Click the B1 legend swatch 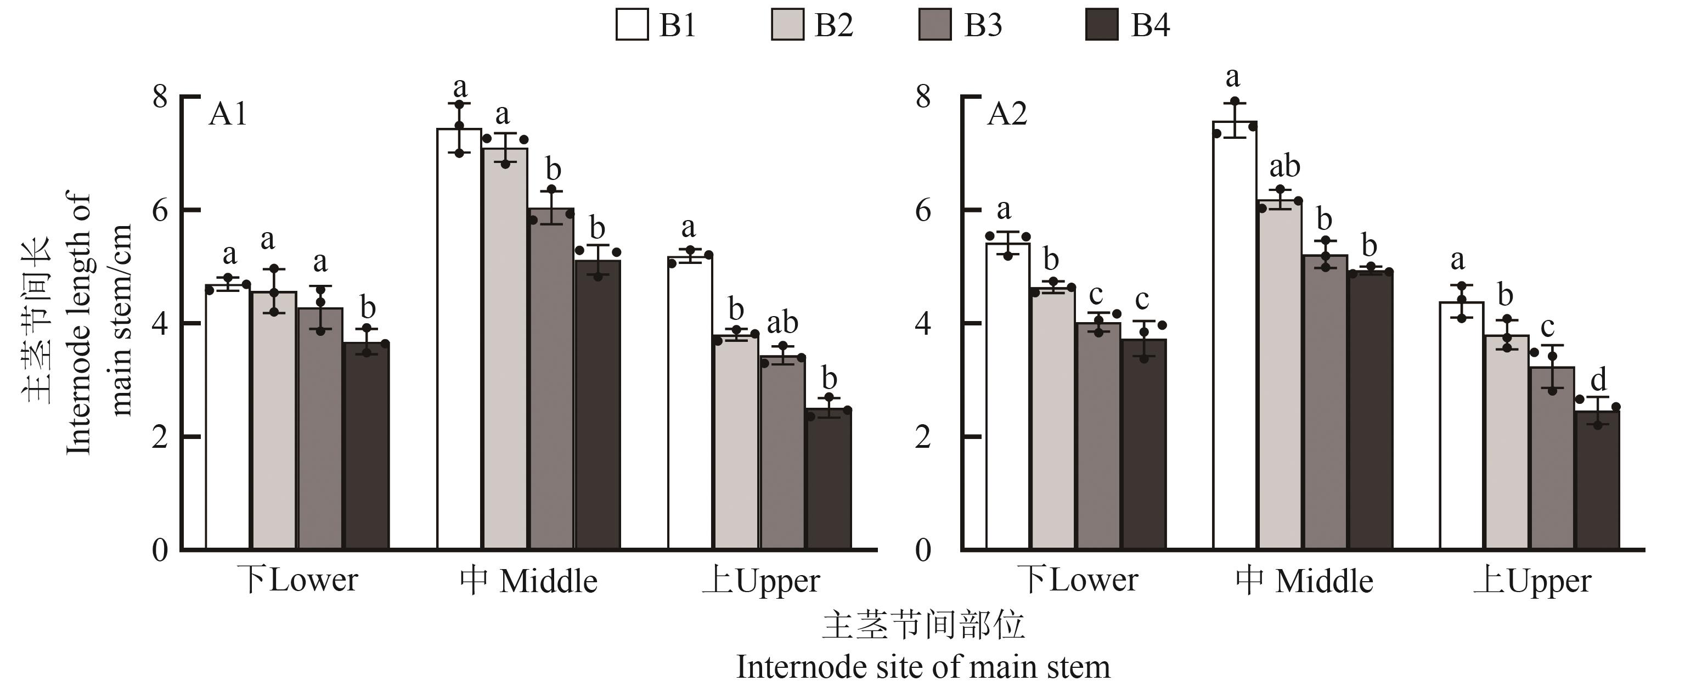(632, 25)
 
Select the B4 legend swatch (1102, 25)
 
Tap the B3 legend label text (983, 25)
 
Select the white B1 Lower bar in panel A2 (1007, 396)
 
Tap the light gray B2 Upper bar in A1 (736, 442)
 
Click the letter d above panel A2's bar (1598, 379)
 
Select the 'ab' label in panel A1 (782, 323)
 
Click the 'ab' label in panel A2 (1284, 167)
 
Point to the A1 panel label (228, 115)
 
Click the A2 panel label (1007, 115)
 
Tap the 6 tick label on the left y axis (160, 211)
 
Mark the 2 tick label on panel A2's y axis (922, 437)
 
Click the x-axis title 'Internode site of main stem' (923, 667)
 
